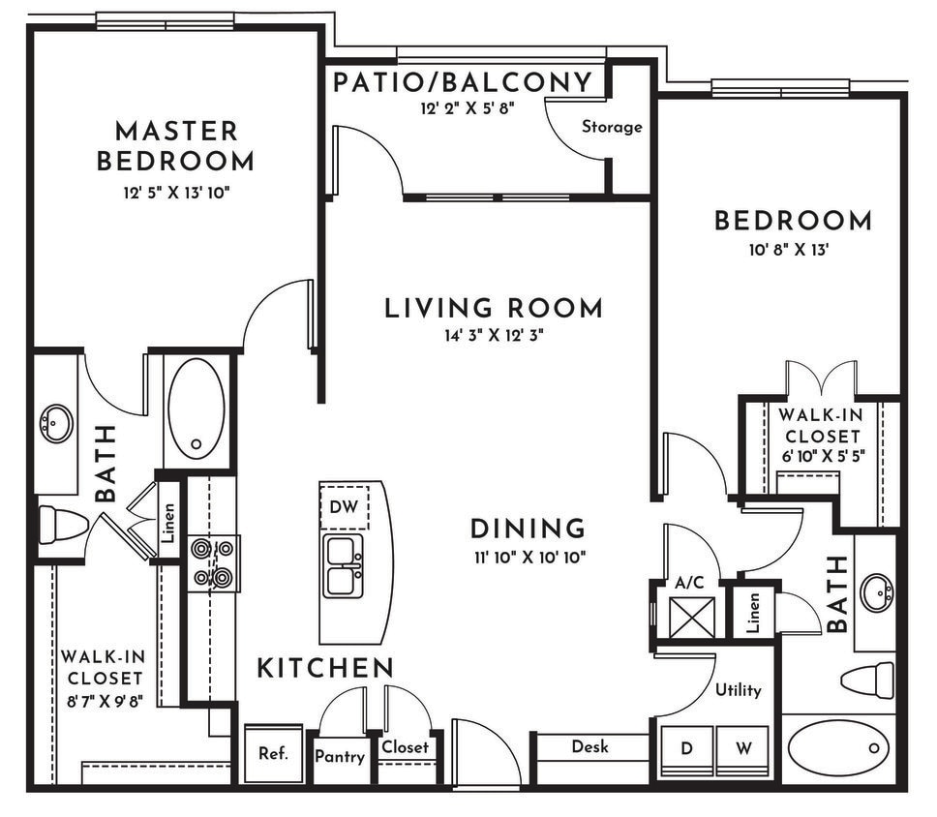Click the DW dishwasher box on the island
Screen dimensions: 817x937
point(342,505)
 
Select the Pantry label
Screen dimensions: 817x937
point(340,756)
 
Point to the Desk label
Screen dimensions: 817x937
point(589,746)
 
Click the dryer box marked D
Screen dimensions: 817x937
point(687,749)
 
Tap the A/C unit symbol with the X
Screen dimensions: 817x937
point(693,618)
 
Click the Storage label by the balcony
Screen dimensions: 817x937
point(612,127)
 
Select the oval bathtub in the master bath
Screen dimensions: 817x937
point(196,408)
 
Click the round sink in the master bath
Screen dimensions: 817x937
point(56,424)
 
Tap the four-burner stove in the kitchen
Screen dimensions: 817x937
point(213,563)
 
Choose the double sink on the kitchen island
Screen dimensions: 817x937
point(343,565)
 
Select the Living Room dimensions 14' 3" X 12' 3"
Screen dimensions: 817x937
point(494,336)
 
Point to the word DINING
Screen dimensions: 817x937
point(528,530)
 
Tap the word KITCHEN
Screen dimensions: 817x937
point(325,667)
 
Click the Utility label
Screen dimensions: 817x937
point(738,690)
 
